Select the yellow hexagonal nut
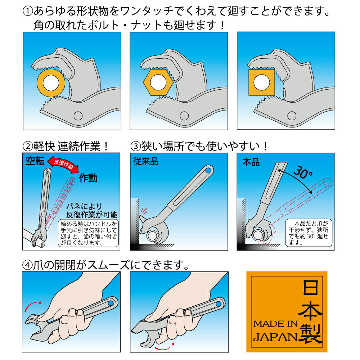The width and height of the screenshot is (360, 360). (158, 82)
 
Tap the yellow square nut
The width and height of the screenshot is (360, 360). (262, 82)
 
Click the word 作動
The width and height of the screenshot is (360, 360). (88, 178)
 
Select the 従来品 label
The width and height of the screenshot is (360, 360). (146, 161)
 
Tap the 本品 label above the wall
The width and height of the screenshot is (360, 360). (251, 162)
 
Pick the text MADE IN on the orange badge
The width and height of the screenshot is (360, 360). (275, 324)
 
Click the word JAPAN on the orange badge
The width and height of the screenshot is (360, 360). (275, 337)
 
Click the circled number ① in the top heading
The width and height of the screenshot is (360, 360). (28, 11)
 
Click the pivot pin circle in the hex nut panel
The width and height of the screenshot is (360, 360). (184, 116)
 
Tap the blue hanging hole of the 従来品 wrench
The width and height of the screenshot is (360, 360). (208, 171)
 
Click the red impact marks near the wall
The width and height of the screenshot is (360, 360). (144, 211)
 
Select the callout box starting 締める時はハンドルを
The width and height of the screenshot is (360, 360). (89, 233)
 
